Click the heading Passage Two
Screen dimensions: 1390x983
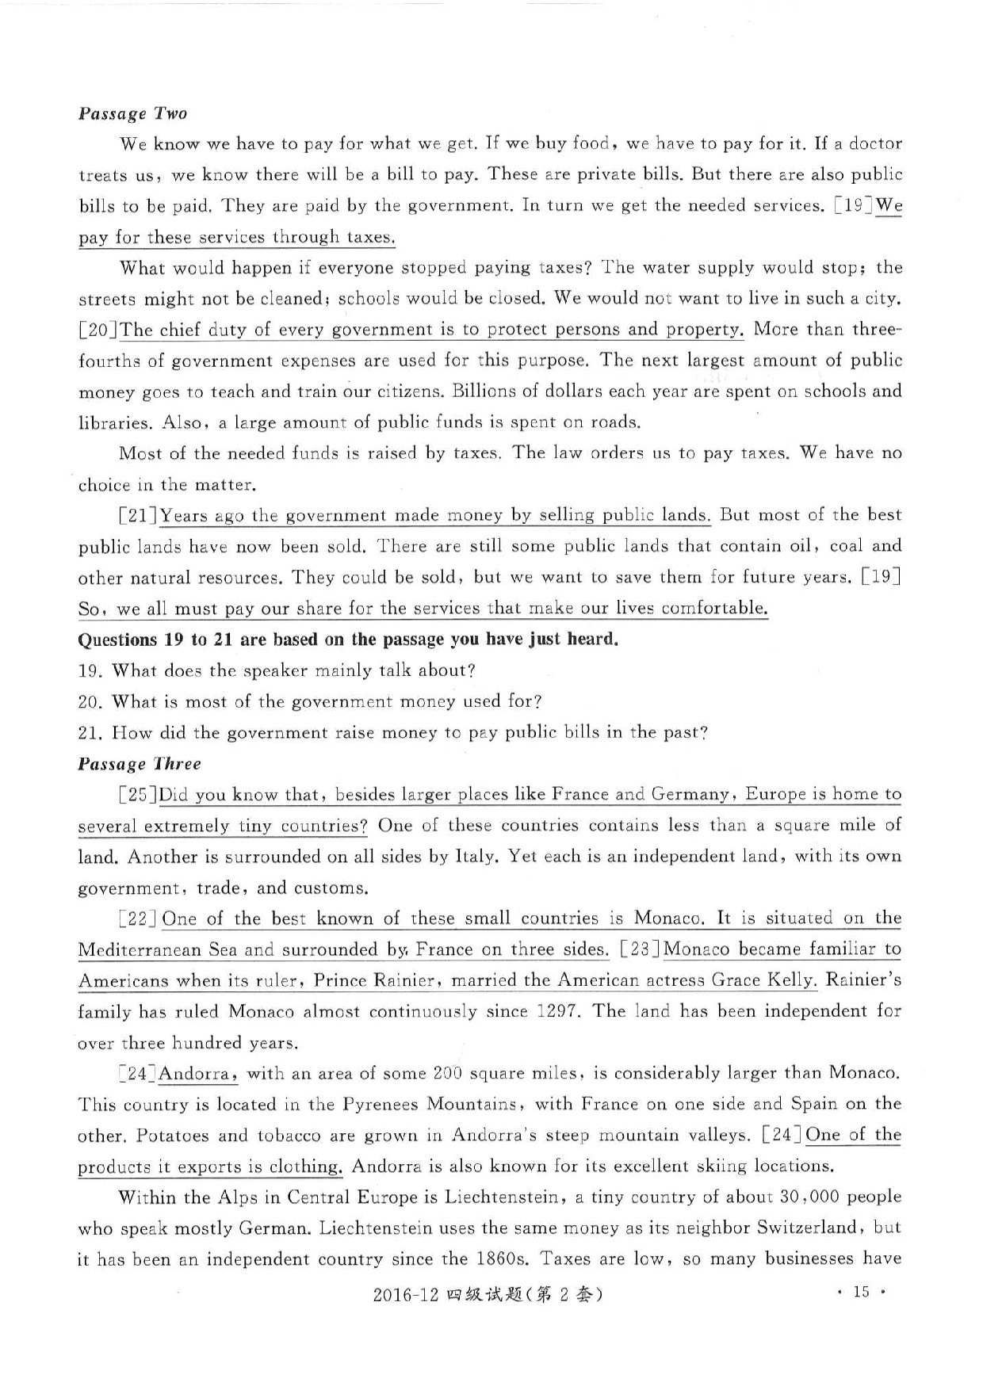click(132, 113)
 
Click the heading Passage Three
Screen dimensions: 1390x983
click(140, 764)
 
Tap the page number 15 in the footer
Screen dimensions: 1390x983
click(861, 1293)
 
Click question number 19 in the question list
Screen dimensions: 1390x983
click(90, 671)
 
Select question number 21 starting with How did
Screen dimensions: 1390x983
click(90, 733)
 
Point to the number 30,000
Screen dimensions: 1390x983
click(808, 1197)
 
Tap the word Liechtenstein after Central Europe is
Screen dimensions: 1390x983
click(503, 1197)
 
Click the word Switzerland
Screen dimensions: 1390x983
click(808, 1228)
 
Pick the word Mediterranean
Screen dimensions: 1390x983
click(140, 950)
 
